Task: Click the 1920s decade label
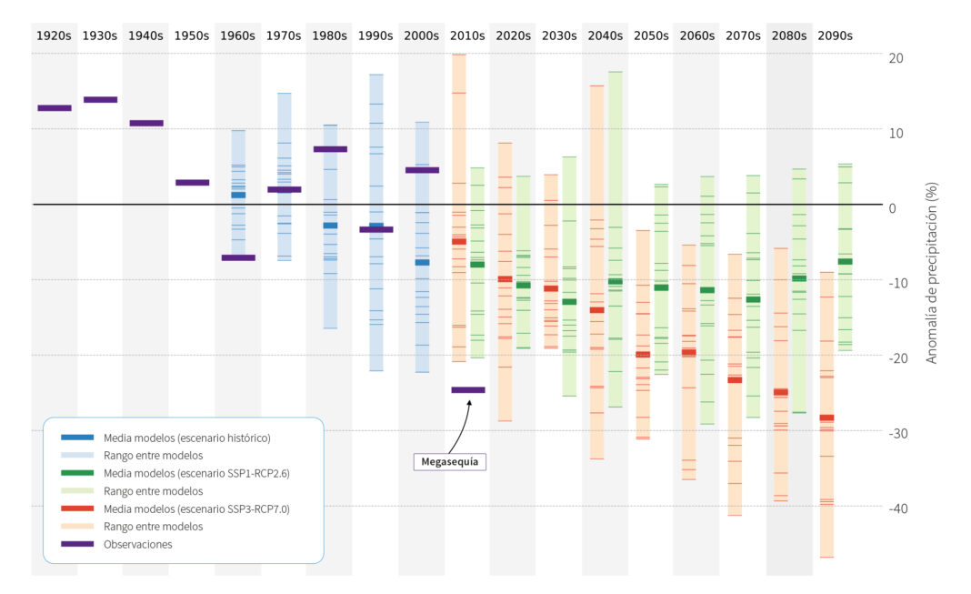point(54,35)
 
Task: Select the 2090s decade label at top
point(835,35)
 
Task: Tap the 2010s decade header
point(467,35)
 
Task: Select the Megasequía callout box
point(449,461)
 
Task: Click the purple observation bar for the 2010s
point(468,389)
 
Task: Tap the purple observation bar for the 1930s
point(100,99)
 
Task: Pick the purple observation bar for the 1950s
point(192,182)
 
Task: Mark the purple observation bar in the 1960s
point(238,257)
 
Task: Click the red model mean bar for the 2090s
point(826,418)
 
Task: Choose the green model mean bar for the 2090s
point(845,261)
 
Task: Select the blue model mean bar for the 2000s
point(422,262)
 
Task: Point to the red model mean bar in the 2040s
point(596,310)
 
